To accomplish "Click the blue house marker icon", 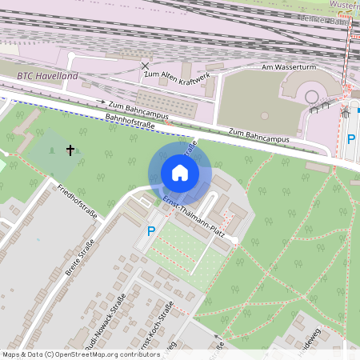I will tap(180, 172).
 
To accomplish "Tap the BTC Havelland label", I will tap(47, 76).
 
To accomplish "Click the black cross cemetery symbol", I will tap(70, 150).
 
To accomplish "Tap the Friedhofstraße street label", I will tap(78, 202).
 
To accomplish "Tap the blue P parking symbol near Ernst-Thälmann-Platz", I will tap(150, 232).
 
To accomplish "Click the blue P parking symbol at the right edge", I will tap(350, 139).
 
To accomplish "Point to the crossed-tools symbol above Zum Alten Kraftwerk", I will tap(145, 65).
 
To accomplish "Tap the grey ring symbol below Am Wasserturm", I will tap(311, 97).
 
